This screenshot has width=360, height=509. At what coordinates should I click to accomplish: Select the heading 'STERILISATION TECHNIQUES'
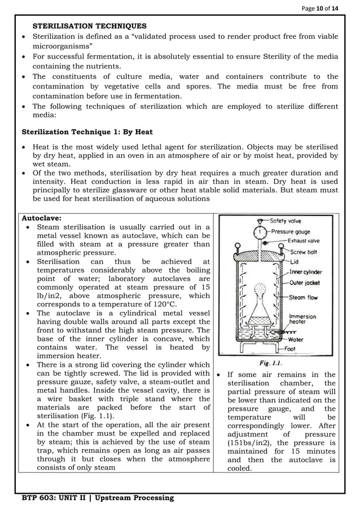(x=90, y=26)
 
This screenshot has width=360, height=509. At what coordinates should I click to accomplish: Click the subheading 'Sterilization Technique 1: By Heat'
(x=87, y=132)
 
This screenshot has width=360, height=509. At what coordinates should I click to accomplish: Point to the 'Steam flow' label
(x=305, y=297)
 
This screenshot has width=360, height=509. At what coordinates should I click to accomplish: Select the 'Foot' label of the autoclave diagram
(x=292, y=349)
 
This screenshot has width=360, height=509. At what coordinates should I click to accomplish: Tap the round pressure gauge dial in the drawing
(x=260, y=232)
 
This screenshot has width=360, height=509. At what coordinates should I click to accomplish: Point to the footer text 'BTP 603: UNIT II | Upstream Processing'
(x=98, y=498)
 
